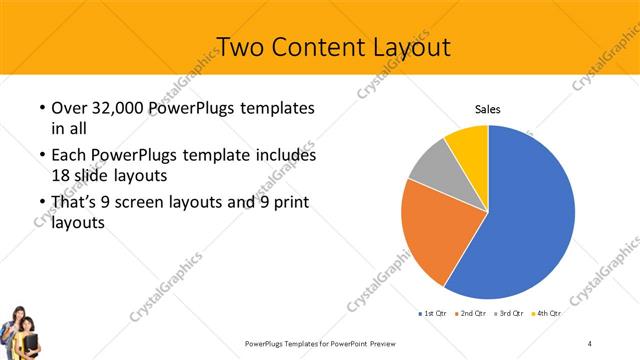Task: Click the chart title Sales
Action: tap(487, 111)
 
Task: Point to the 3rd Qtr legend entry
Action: tap(509, 313)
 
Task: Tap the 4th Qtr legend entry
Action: tap(547, 313)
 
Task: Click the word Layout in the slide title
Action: tap(398, 47)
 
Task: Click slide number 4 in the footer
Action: tap(590, 343)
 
